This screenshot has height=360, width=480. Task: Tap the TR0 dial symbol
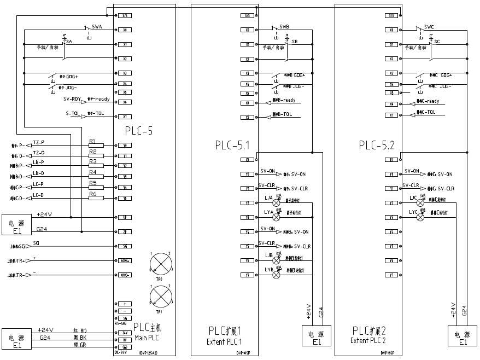pos(160,263)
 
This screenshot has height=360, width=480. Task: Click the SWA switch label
pos(96,26)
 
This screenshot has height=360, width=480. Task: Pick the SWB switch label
pos(284,26)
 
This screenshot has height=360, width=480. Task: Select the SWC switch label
pos(429,26)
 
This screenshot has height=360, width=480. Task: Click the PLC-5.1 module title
pos(232,146)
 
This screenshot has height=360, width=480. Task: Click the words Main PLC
pos(147,339)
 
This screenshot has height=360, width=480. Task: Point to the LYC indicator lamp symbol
pos(420,217)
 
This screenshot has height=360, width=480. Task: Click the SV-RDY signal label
pos(72,99)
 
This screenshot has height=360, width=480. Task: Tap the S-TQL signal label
pos(73,113)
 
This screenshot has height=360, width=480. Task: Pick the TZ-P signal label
pos(39,142)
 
